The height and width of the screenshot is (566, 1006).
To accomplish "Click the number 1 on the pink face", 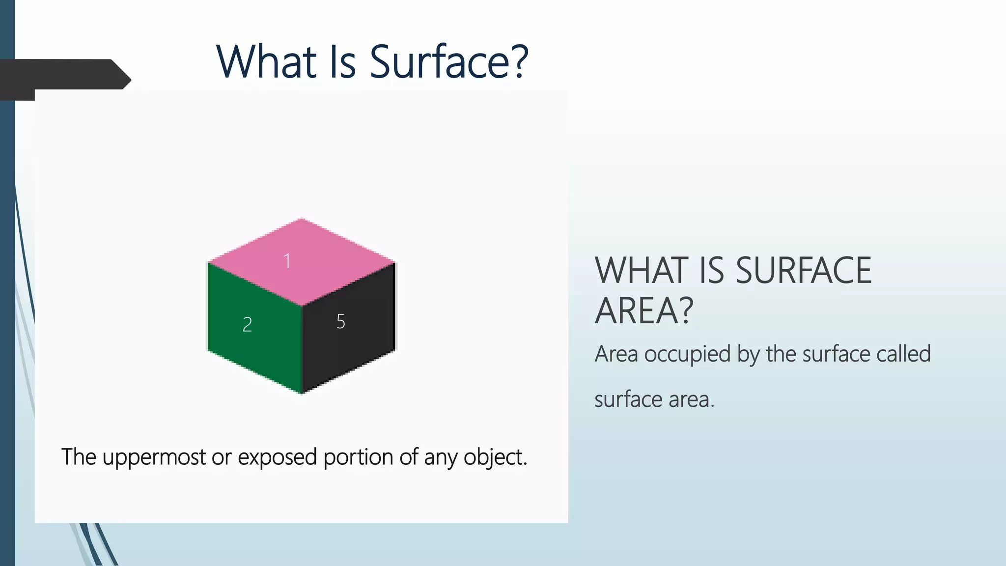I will pos(287,261).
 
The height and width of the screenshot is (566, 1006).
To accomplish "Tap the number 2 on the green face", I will pos(247,325).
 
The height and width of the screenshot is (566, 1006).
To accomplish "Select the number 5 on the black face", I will pos(341,322).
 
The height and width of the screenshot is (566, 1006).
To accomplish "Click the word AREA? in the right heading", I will pos(643,311).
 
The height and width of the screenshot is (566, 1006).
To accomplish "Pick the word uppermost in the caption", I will pos(154,457).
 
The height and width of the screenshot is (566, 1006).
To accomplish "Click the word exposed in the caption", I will pos(278,457).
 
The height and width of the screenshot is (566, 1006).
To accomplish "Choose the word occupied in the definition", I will pos(687,354).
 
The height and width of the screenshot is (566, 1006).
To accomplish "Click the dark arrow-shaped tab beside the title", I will pos(64,76).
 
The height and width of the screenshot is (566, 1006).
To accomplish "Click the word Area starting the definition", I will pos(616,354).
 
